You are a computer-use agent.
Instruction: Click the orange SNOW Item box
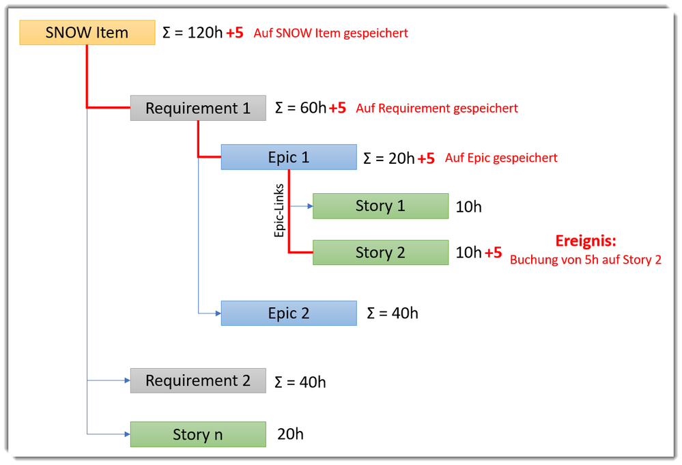[x=87, y=33]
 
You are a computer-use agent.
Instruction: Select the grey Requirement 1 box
[x=198, y=108]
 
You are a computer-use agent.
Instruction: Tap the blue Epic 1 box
[x=288, y=157]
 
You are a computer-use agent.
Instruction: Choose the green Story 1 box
[x=380, y=206]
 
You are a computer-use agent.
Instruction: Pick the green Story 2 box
[x=380, y=253]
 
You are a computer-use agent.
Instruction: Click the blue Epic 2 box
[x=288, y=313]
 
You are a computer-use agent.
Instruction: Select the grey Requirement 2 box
[x=198, y=380]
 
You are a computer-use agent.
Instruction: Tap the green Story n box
[x=198, y=434]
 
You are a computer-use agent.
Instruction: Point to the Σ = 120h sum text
[x=193, y=33]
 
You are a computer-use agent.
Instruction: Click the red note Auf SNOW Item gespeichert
[x=330, y=33]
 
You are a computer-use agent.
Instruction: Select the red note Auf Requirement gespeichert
[x=436, y=108]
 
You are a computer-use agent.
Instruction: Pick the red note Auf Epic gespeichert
[x=501, y=158]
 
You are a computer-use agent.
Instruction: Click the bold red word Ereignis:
[x=585, y=241]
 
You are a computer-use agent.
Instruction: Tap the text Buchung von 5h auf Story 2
[x=585, y=259]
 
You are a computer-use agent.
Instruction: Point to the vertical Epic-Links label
[x=279, y=210]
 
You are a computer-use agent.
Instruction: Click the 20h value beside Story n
[x=290, y=434]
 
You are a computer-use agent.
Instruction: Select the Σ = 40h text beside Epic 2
[x=392, y=313]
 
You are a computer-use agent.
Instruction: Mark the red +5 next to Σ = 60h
[x=337, y=108]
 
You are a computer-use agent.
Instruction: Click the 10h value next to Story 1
[x=468, y=206]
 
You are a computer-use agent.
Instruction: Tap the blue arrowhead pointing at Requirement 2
[x=126, y=380]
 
